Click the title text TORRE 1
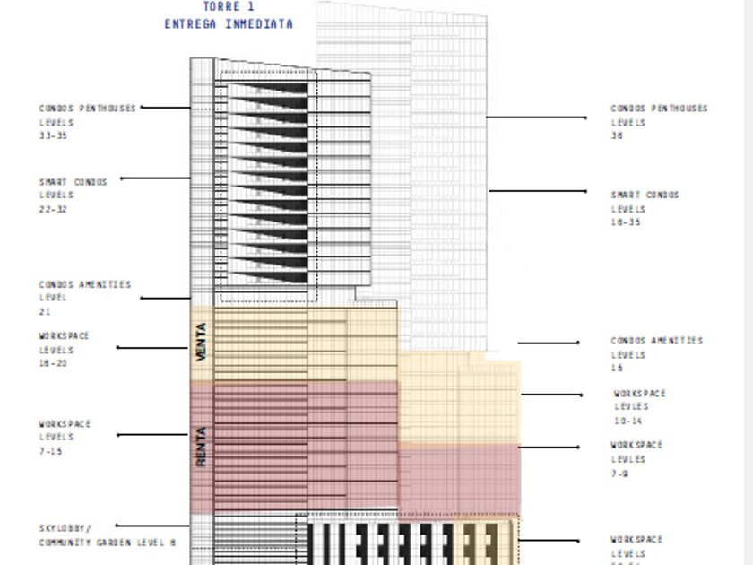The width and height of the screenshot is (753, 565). (x=228, y=7)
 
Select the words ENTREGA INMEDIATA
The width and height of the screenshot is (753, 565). (x=229, y=24)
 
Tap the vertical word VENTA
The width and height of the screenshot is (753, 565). (x=202, y=342)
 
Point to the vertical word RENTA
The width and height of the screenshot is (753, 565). (x=202, y=446)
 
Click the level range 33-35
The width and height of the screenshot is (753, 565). (x=53, y=136)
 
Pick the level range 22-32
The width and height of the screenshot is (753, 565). (x=53, y=210)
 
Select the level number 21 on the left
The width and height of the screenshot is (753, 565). (x=45, y=312)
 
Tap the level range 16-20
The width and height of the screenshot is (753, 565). (x=53, y=363)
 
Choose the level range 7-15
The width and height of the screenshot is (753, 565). (x=50, y=451)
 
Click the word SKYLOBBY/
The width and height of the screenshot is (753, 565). (x=64, y=528)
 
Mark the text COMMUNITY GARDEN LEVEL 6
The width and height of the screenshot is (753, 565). (x=108, y=543)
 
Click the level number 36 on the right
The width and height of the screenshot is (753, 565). (x=618, y=136)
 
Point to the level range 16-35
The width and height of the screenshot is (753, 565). (x=626, y=222)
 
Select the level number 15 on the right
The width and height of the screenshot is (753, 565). (x=618, y=369)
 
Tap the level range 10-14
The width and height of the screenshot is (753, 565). (x=627, y=421)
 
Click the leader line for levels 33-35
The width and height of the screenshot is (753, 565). (x=166, y=108)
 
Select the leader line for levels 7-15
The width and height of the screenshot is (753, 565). (x=152, y=435)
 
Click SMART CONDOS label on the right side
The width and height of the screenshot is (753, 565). (x=645, y=195)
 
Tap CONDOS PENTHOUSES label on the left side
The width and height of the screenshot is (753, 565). (x=87, y=109)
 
